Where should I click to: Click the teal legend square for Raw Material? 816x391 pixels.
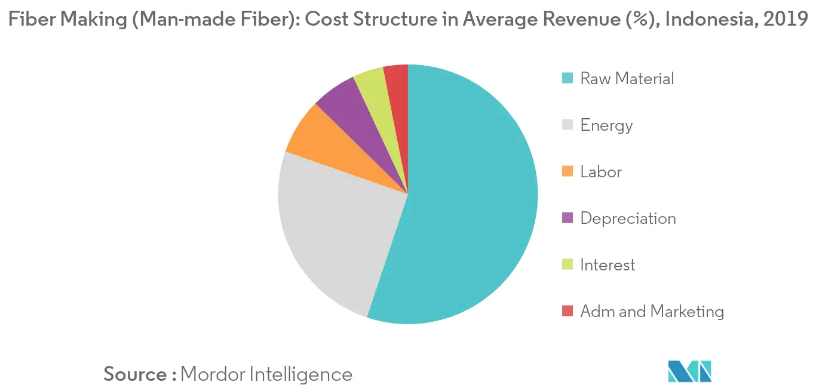(x=567, y=78)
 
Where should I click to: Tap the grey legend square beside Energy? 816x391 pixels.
(x=567, y=125)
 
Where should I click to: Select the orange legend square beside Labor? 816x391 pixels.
(x=567, y=171)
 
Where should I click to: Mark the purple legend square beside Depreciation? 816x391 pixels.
(x=567, y=218)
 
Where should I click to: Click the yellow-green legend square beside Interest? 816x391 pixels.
(x=567, y=264)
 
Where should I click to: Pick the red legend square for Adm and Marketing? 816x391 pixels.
(x=567, y=311)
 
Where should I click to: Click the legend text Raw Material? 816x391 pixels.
(x=627, y=78)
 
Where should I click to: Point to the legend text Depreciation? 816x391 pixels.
(x=628, y=218)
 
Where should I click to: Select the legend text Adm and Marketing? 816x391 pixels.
(x=652, y=311)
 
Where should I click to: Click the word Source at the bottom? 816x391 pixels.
(x=136, y=374)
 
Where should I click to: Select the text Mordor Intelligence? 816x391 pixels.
(x=266, y=374)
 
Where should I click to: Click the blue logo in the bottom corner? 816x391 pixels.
(x=690, y=371)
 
